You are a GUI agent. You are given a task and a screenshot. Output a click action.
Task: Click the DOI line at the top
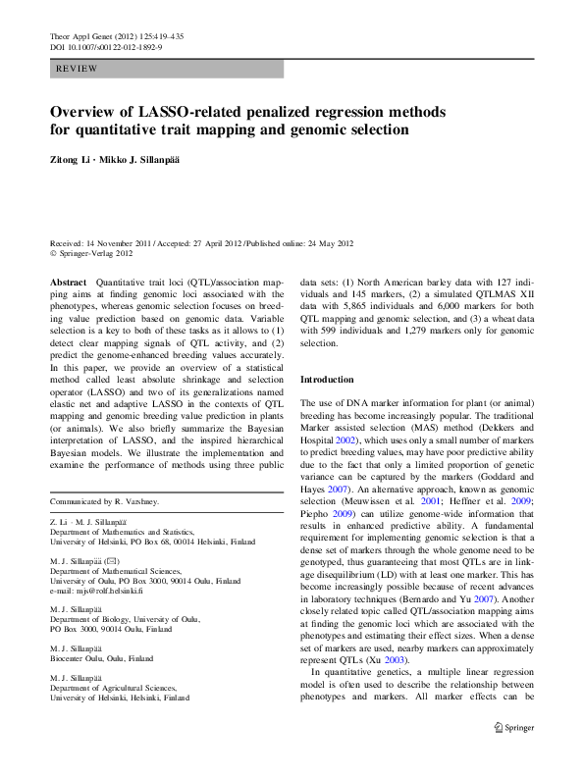[x=106, y=46]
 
